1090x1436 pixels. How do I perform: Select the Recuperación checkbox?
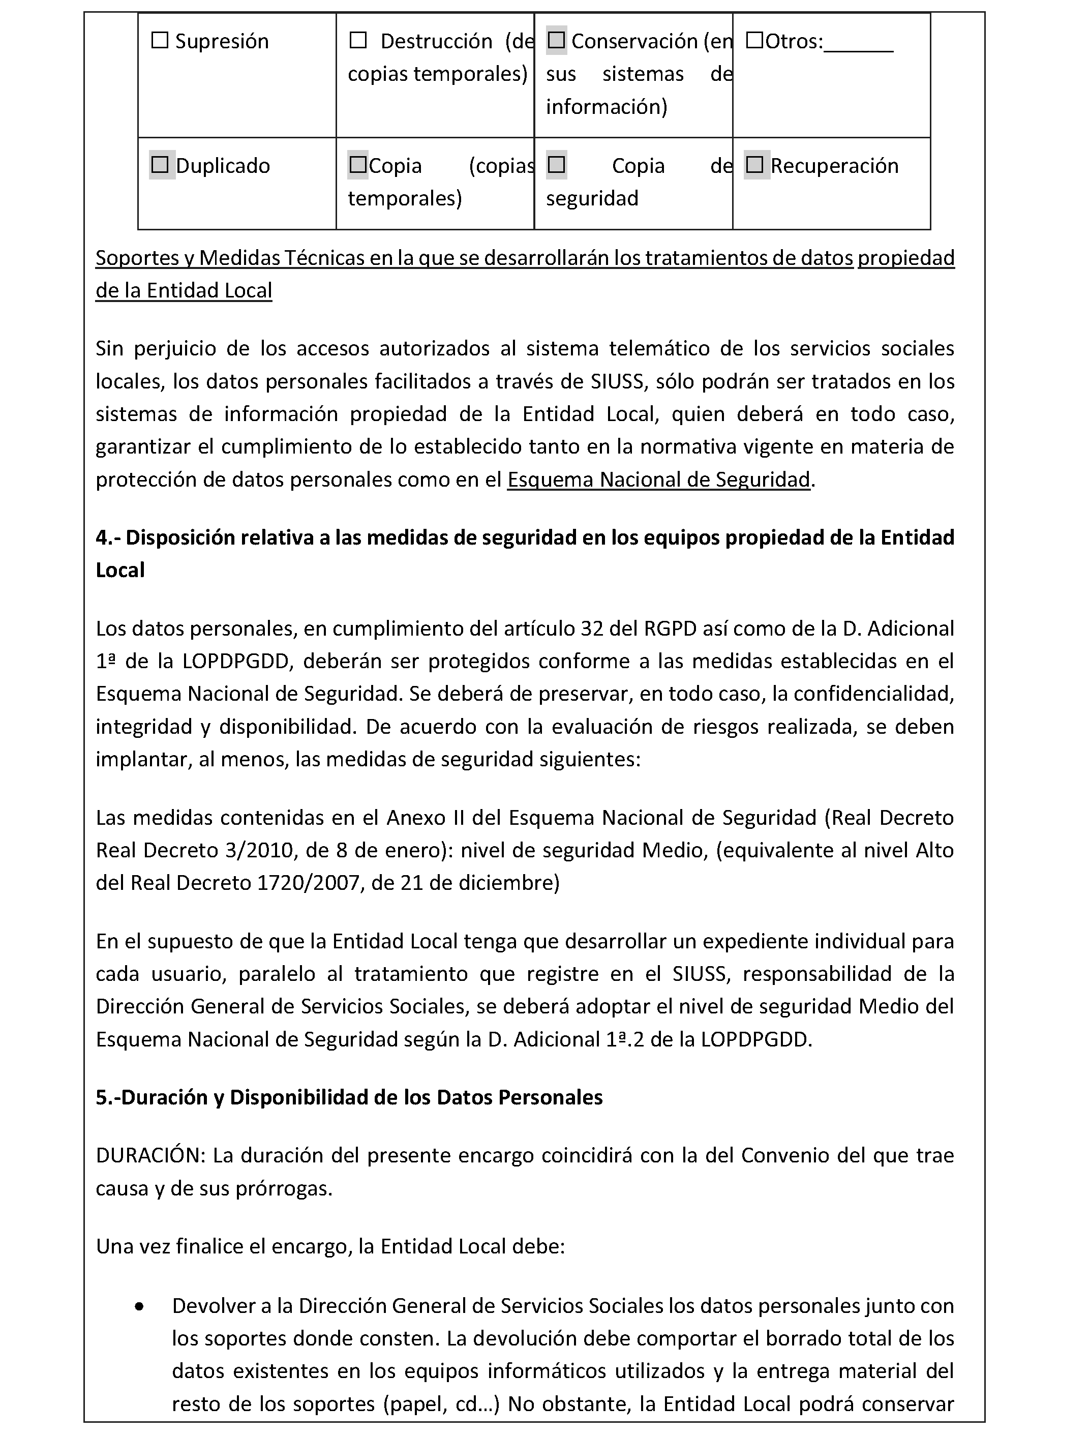[754, 166]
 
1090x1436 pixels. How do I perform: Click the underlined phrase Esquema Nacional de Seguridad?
[658, 480]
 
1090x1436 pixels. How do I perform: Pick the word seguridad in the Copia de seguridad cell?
[592, 199]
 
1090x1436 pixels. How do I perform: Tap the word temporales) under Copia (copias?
[405, 199]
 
